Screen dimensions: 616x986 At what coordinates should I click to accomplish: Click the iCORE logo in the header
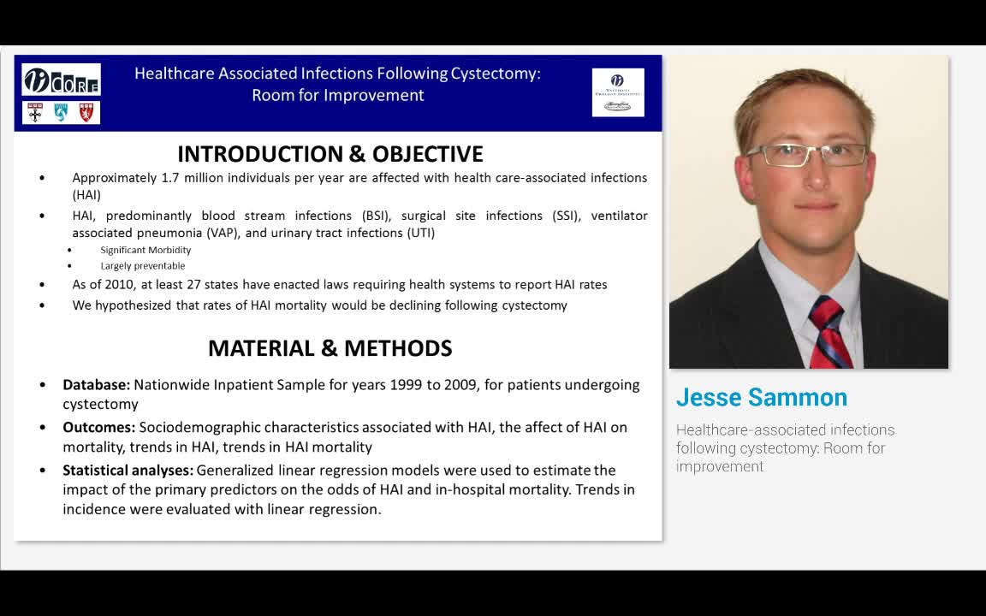click(61, 80)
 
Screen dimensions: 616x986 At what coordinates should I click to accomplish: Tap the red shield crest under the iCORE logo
click(86, 113)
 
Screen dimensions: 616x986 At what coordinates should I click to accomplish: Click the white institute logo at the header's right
click(618, 92)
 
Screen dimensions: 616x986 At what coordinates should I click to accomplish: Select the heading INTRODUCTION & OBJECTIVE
click(330, 154)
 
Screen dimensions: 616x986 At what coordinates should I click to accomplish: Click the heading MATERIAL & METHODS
click(330, 348)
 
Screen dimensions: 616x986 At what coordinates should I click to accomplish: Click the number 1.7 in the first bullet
click(170, 178)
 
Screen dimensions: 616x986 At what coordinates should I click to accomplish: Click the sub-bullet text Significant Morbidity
click(146, 250)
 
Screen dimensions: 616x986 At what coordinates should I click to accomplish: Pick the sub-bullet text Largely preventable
click(142, 266)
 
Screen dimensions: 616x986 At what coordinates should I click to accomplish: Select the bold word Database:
click(96, 385)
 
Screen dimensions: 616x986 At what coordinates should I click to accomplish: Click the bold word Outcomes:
click(98, 427)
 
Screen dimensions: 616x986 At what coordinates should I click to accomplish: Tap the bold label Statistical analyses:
click(128, 471)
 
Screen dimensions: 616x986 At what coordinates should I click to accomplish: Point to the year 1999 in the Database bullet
click(407, 385)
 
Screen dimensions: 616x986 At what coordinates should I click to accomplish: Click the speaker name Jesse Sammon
click(761, 398)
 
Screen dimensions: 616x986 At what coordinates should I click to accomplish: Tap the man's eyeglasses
click(806, 155)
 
